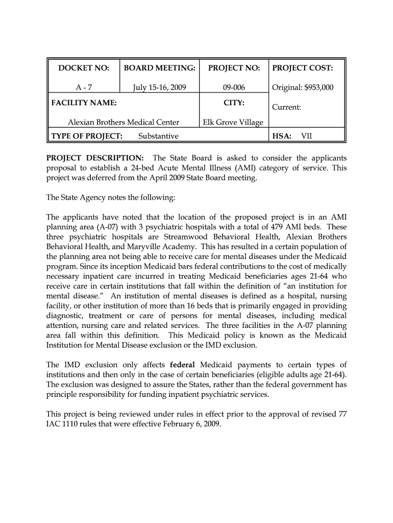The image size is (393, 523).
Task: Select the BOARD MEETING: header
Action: pyautogui.click(x=160, y=68)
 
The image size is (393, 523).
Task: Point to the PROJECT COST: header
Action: pyautogui.click(x=303, y=68)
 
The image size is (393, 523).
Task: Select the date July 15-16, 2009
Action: pyautogui.click(x=160, y=87)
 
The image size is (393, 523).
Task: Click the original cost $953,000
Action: pyautogui.click(x=317, y=87)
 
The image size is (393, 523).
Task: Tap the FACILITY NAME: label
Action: pyautogui.click(x=84, y=103)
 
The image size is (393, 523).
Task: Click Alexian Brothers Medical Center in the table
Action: pyautogui.click(x=124, y=122)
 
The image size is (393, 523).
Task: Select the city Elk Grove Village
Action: pyautogui.click(x=233, y=122)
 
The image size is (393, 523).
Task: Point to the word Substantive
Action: pyautogui.click(x=158, y=136)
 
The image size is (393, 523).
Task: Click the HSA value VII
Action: pyautogui.click(x=307, y=136)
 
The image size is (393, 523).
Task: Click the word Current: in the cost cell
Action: pyautogui.click(x=286, y=108)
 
